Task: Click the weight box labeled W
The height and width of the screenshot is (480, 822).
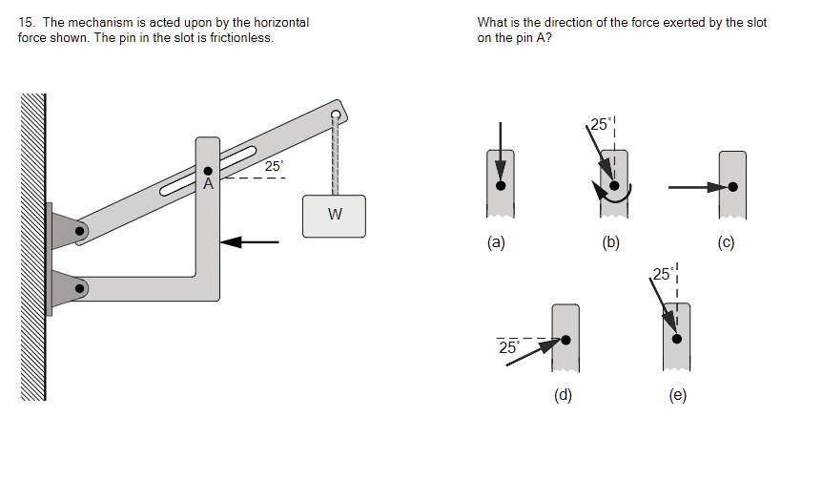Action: [x=334, y=215]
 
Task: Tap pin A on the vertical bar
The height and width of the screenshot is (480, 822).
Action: [x=208, y=171]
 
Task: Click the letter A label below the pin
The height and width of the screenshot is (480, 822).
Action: [x=207, y=184]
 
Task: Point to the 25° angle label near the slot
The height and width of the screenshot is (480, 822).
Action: [x=274, y=166]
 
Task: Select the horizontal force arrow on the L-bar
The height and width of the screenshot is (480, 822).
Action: [x=250, y=242]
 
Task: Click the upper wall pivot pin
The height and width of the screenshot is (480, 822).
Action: [x=81, y=230]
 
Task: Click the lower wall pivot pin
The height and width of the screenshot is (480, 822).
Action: [x=81, y=285]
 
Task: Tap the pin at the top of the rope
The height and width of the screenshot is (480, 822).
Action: [x=335, y=115]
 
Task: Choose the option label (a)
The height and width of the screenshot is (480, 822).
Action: [x=495, y=242]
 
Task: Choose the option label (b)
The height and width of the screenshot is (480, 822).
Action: [x=611, y=242]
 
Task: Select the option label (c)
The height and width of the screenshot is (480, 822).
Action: [x=727, y=242]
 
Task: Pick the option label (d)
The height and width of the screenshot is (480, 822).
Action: [x=563, y=395]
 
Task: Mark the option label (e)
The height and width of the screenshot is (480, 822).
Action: [x=678, y=395]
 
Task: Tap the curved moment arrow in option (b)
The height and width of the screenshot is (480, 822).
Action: [x=609, y=196]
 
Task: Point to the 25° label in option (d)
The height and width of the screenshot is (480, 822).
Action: [x=508, y=348]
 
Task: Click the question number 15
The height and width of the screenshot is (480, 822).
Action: [x=25, y=22]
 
